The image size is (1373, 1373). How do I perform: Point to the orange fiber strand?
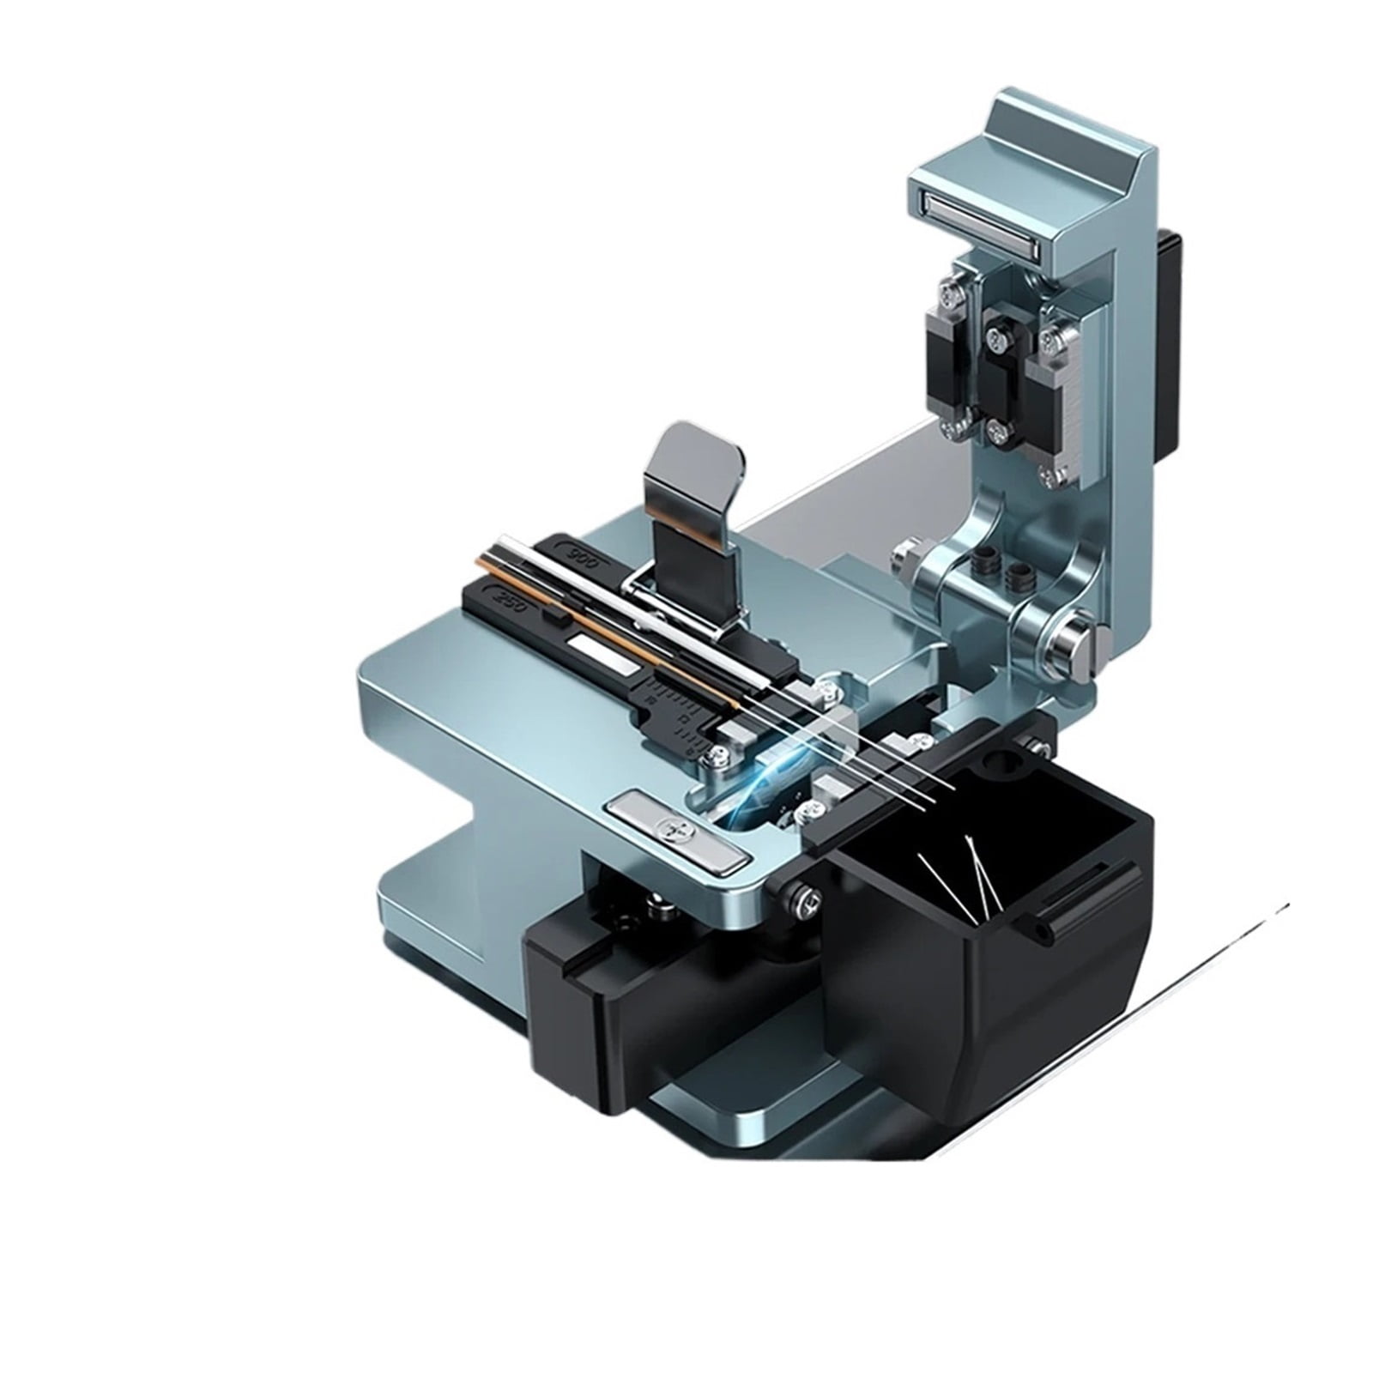coord(601,631)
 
